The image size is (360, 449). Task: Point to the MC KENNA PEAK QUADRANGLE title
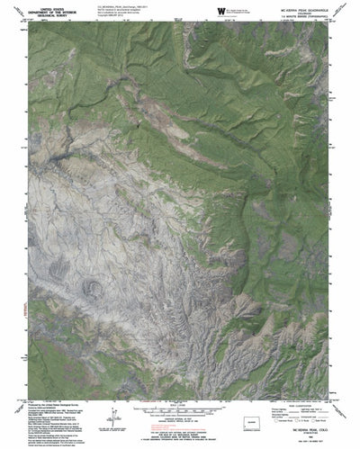319,5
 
